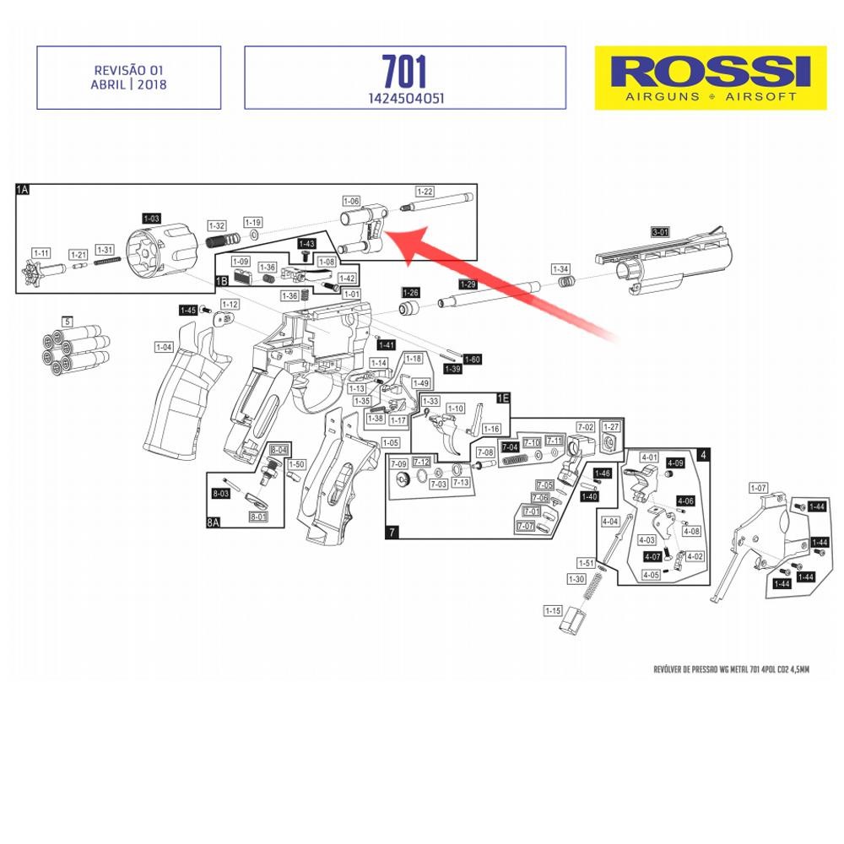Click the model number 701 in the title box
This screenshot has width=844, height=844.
404,71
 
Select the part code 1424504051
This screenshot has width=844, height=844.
404,98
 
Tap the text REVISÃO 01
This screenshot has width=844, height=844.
128,71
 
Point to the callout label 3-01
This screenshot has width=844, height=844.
660,231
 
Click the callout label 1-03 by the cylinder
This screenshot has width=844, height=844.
151,218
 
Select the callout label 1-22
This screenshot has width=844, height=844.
423,192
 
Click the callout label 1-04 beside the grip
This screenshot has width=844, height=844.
164,347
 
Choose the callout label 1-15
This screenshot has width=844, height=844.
553,610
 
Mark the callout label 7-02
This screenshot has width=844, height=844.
585,427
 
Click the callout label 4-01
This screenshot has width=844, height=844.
649,457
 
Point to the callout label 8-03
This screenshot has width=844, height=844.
221,493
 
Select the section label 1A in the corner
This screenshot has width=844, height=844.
23,190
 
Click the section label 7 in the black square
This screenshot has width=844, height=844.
392,533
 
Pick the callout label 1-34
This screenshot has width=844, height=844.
561,268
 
